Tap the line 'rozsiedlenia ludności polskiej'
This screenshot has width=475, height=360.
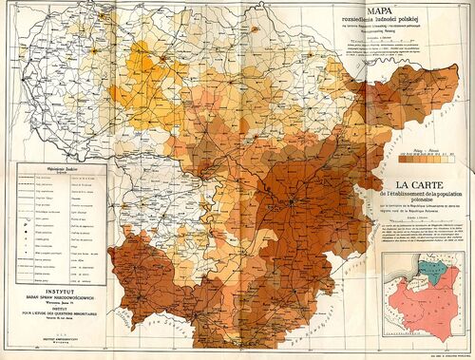tap(407, 28)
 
